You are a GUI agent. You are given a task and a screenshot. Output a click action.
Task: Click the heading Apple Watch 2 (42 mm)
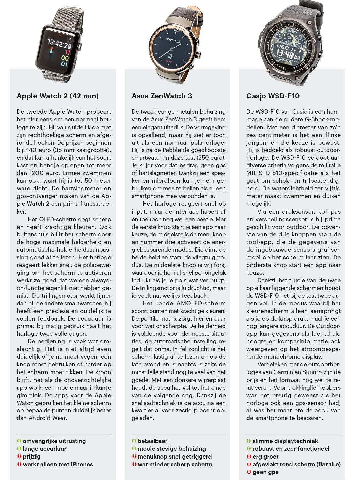coord(58,96)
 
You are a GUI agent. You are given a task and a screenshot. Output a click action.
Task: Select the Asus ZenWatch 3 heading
coord(162,96)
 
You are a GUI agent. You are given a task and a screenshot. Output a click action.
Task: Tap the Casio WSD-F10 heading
coord(273,96)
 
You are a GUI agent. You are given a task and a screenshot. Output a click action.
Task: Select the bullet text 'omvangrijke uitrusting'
coord(54,441)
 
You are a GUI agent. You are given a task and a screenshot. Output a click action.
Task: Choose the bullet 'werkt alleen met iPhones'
coord(58,464)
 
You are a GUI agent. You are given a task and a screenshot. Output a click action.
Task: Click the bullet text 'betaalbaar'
coord(152,441)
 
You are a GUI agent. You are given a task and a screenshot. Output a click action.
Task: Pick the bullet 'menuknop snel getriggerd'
coord(174,457)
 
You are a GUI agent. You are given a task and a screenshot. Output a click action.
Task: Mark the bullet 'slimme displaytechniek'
coord(285,441)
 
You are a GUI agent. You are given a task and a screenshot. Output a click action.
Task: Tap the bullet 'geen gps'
coord(265,472)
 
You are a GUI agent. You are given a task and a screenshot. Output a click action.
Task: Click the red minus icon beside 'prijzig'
coord(19,457)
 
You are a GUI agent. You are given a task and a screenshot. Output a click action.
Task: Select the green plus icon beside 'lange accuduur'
coord(19,449)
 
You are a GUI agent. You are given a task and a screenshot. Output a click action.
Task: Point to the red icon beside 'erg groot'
coord(249,457)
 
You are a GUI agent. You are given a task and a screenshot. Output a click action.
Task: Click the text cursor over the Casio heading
coord(261,98)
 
